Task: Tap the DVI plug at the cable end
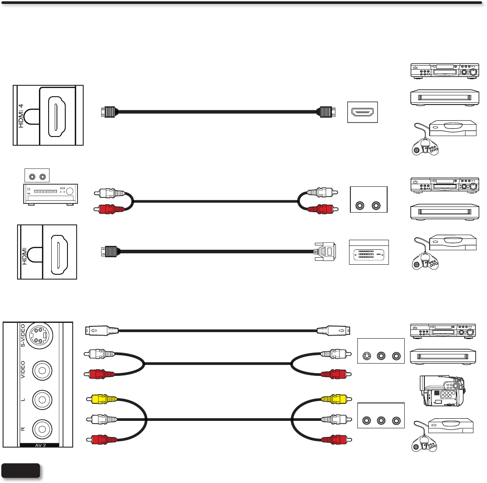click(325, 252)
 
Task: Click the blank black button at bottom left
click(21, 470)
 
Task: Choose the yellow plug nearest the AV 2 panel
click(103, 399)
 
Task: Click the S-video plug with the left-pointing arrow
click(101, 331)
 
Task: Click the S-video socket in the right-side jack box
click(366, 357)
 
